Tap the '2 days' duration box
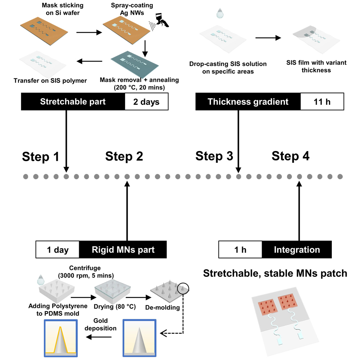coord(146,102)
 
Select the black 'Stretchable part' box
coord(73,102)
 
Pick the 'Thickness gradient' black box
coord(248,102)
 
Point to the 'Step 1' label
coord(40,157)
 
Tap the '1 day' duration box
coord(58,250)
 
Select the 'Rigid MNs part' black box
coord(123,250)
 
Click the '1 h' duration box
coord(241,250)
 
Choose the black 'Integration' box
coord(296,250)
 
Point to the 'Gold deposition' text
coord(104,325)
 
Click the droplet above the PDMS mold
coord(42,279)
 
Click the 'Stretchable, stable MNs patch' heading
coord(275,273)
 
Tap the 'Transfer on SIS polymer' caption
coord(50,80)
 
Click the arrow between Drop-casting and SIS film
coord(268,38)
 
